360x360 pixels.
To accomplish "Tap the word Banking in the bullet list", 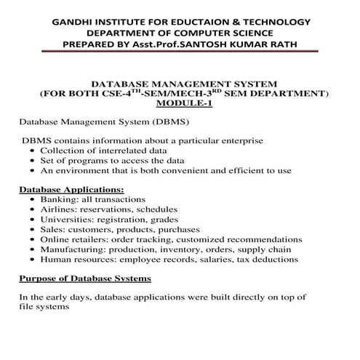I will (57, 199).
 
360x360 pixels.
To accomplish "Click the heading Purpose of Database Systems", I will (84, 278).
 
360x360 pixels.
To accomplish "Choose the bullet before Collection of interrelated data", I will (33, 151).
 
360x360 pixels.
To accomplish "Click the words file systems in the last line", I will (44, 307).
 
